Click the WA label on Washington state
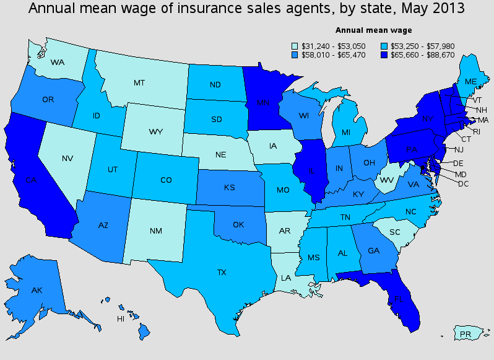[58, 63]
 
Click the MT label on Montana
[140, 82]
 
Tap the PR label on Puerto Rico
[466, 335]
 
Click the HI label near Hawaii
[121, 319]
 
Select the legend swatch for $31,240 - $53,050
[295, 46]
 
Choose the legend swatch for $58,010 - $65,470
[295, 55]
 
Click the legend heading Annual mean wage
[373, 30]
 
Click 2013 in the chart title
[447, 9]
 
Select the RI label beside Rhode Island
[476, 131]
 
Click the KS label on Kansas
[229, 187]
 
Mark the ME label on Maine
[470, 82]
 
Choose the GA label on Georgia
[373, 252]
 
